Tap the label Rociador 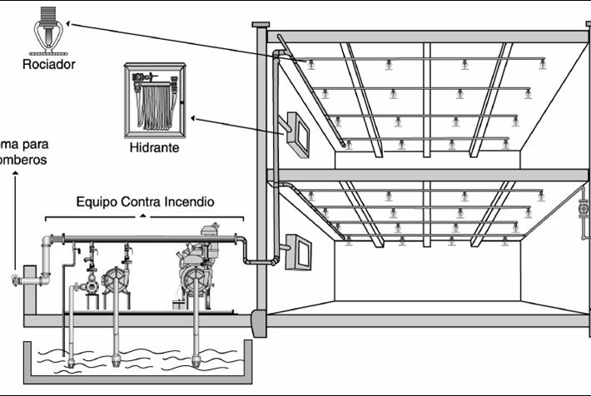tap(47, 63)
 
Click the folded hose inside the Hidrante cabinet tap(154, 106)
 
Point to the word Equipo tap(98, 201)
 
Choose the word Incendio tap(190, 201)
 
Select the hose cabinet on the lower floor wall tap(298, 252)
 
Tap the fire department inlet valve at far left tap(16, 280)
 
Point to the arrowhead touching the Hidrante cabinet tap(195, 119)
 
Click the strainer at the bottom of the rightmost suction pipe tap(196, 361)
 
